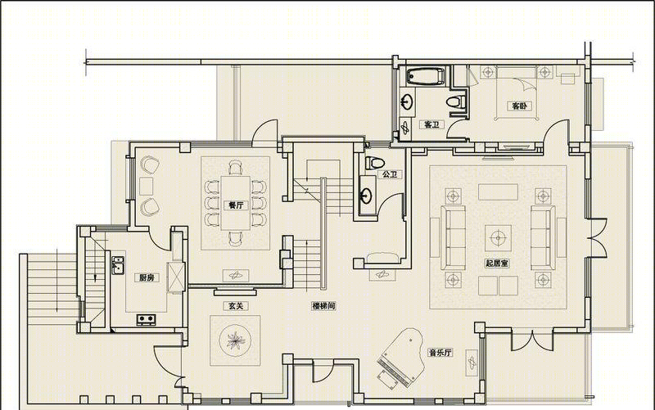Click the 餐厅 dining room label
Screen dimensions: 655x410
coord(236,205)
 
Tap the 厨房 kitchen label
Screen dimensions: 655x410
coord(147,277)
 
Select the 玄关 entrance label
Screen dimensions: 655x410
coord(235,305)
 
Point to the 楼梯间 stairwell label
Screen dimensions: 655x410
coord(323,305)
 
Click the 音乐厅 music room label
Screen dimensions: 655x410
coord(440,353)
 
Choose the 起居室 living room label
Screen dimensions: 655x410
coord(497,263)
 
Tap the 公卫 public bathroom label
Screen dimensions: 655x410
coord(390,174)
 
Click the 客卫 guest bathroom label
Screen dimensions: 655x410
coord(431,124)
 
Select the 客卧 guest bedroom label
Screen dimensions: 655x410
coord(519,106)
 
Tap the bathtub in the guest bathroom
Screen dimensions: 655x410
coord(426,77)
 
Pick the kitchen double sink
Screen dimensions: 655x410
coord(118,265)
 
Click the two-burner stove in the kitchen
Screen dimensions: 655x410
coord(147,320)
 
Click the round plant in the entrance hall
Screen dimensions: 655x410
coord(235,340)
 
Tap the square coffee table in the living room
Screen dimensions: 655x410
coord(498,238)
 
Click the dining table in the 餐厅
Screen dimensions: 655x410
coord(236,203)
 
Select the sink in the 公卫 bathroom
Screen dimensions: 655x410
coord(367,195)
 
